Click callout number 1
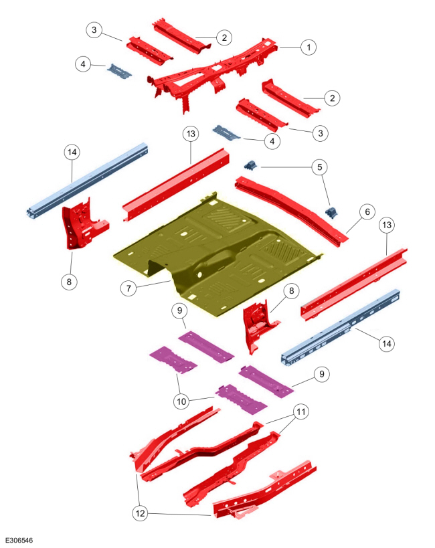(x=309, y=48)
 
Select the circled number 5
(x=320, y=167)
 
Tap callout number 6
(x=367, y=212)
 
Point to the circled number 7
(x=128, y=288)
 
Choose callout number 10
(x=181, y=401)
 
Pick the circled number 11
(x=301, y=412)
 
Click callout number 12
(x=140, y=513)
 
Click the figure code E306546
(x=19, y=541)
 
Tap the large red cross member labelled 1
(x=213, y=70)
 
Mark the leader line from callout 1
(x=290, y=48)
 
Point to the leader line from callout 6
(x=353, y=225)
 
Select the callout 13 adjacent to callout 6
(x=387, y=225)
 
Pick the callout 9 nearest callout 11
(x=322, y=374)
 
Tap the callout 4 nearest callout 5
(x=272, y=141)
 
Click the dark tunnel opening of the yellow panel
(x=157, y=268)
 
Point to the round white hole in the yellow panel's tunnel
(x=199, y=275)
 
